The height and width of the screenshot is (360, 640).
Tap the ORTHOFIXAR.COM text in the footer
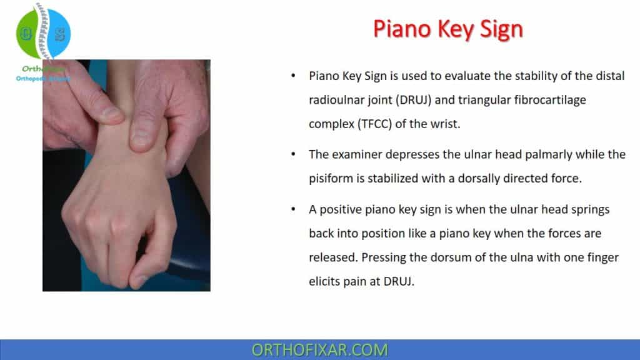[x=319, y=350]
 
